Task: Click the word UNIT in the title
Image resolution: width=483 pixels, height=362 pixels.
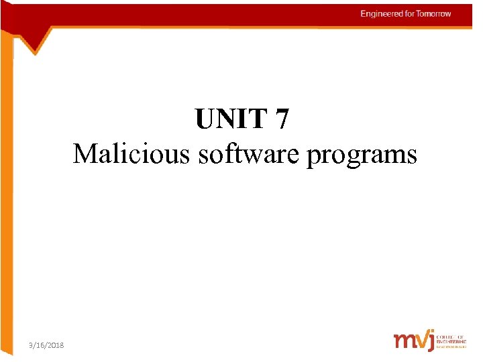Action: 231,120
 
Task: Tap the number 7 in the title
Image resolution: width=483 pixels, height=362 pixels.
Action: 282,120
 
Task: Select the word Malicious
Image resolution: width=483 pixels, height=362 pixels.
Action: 131,154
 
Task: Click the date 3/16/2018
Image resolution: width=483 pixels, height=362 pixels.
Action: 47,345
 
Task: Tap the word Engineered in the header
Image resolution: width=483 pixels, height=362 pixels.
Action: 382,14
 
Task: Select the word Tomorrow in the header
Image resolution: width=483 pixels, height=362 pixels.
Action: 434,14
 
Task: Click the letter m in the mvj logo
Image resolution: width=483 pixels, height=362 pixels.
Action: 405,341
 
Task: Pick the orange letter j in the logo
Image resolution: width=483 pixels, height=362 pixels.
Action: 430,341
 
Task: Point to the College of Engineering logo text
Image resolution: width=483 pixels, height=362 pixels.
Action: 451,340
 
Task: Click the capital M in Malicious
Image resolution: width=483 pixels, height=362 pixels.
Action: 85,154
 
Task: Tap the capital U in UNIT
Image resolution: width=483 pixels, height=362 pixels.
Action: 204,120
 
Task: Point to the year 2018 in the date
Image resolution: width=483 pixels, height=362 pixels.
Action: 56,345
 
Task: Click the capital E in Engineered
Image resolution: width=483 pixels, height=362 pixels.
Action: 363,14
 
